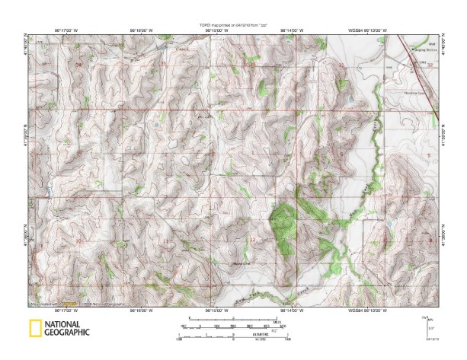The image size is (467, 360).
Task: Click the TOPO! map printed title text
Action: (x=233, y=26)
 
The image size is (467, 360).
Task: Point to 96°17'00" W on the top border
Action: (x=66, y=31)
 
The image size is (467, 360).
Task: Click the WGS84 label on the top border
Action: (x=355, y=31)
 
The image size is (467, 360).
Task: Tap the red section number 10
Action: (x=79, y=241)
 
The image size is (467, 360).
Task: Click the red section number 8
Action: (x=431, y=241)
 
